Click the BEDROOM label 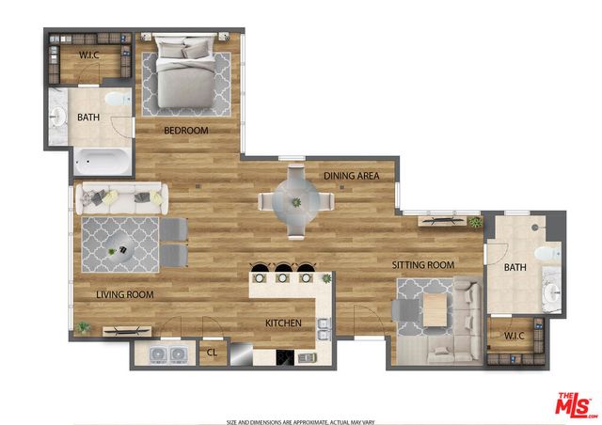(x=185, y=131)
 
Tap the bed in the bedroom (x=185, y=73)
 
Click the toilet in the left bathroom (x=118, y=99)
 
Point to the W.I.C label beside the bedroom (x=89, y=55)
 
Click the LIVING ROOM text (x=124, y=294)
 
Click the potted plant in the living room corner (x=85, y=326)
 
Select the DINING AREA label (x=351, y=176)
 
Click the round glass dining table (x=296, y=201)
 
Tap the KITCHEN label (x=282, y=323)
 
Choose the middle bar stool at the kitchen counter (x=283, y=276)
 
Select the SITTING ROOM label (x=422, y=265)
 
